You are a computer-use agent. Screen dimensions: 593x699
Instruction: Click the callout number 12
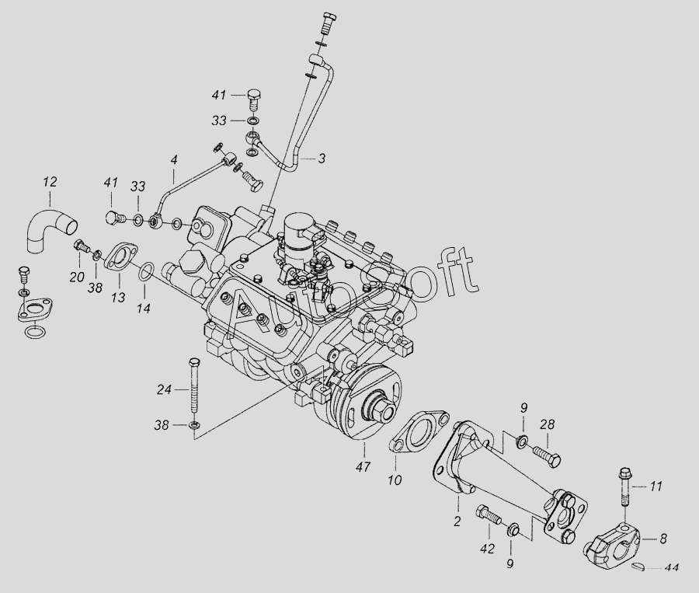click(x=50, y=183)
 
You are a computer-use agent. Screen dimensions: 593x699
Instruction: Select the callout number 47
click(x=363, y=467)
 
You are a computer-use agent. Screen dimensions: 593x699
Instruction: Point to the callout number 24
click(x=163, y=390)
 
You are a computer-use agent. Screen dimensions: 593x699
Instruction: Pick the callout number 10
click(x=395, y=480)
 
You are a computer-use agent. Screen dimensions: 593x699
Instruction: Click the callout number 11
click(x=656, y=487)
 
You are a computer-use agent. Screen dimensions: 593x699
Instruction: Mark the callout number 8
click(x=663, y=537)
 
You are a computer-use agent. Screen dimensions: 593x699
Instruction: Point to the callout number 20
click(x=76, y=277)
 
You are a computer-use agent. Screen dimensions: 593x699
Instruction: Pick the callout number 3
click(x=321, y=159)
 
